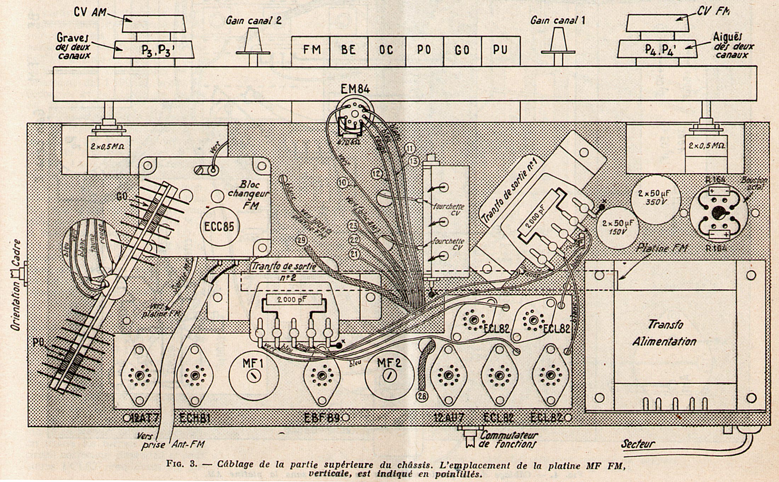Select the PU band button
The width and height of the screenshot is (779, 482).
point(500,50)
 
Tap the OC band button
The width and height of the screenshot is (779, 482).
point(387,50)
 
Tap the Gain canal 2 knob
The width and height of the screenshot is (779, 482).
point(253,46)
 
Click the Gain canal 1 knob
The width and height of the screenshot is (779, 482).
point(557,46)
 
